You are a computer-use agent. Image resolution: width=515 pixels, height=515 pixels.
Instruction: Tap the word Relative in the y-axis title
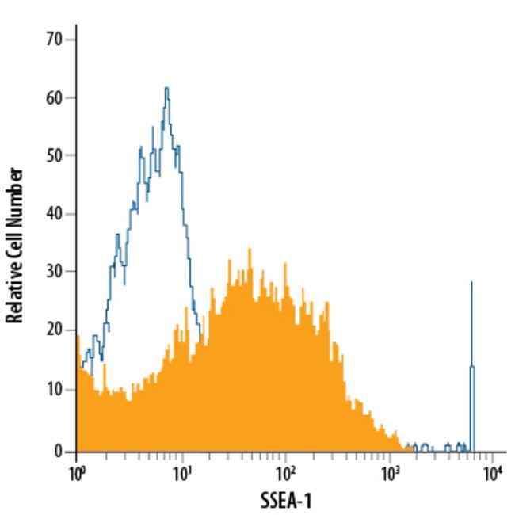[13, 292]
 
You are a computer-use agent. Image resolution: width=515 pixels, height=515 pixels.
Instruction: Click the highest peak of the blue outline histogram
[166, 88]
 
